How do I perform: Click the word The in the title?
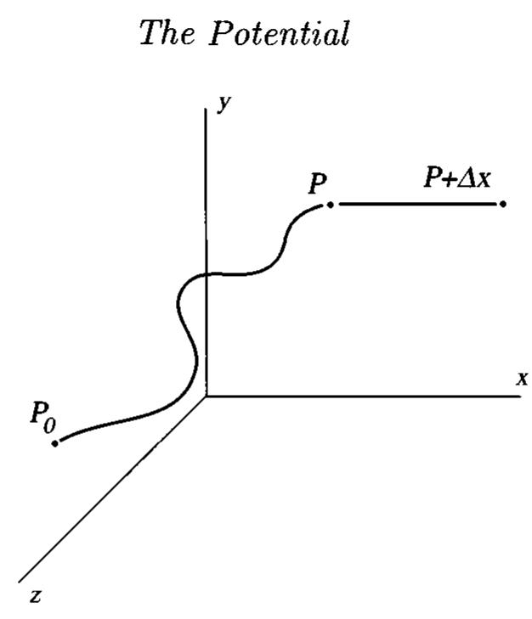(167, 33)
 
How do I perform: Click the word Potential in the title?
(280, 33)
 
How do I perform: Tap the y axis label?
(224, 104)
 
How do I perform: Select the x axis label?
(522, 378)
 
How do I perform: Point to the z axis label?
(36, 595)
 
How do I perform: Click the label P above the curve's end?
(318, 183)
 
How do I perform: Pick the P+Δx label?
(457, 177)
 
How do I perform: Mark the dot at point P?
(330, 205)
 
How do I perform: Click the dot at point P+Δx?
(503, 204)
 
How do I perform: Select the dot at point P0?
(55, 443)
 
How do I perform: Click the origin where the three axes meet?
(206, 396)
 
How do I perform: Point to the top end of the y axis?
(206, 109)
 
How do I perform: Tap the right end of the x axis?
(520, 396)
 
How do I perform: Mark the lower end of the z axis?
(19, 582)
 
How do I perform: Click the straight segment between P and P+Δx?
(417, 204)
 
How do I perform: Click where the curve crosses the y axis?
(206, 274)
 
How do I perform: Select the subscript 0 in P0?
(49, 425)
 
